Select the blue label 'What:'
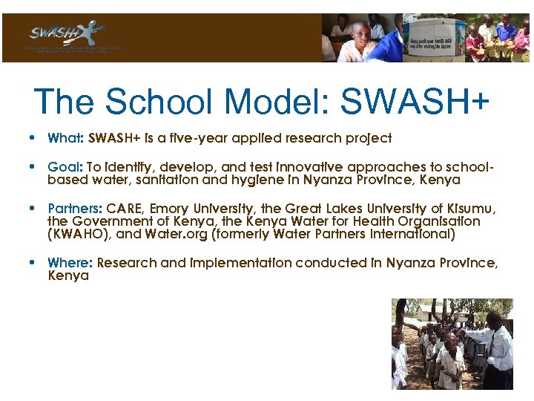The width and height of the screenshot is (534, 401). pos(66,138)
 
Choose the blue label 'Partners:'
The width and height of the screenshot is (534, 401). pos(75,209)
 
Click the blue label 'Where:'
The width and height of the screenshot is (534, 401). pos(70,263)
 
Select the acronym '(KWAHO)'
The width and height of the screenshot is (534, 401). pos(77,234)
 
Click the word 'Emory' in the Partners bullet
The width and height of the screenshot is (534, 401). pos(171,209)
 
